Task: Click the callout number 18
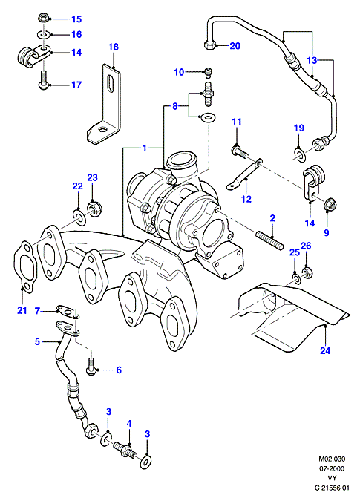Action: coord(114,47)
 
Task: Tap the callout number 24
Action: coord(325,350)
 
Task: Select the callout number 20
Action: coord(235,46)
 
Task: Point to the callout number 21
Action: coord(22,310)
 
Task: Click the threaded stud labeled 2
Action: coord(269,241)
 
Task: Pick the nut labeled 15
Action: coord(42,18)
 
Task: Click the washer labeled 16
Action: coord(43,33)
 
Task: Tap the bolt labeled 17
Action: coord(43,79)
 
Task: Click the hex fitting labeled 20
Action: coord(209,45)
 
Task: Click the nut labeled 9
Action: coord(330,205)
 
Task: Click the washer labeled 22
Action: coord(79,216)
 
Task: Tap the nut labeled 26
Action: coord(306,273)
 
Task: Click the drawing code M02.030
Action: coord(332,459)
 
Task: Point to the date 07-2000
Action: coord(332,468)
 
